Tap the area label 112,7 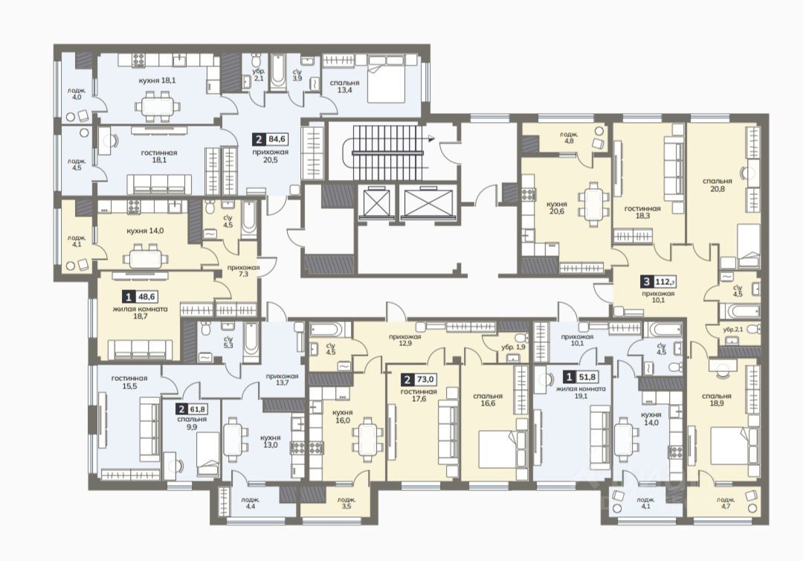[666, 281]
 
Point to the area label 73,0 [425, 379]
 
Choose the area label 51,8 [587, 377]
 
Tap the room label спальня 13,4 [345, 86]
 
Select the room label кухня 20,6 [556, 207]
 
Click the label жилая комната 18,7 [140, 313]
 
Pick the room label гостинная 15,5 [129, 382]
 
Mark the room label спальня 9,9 [192, 423]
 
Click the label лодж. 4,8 [570, 137]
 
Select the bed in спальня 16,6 [497, 449]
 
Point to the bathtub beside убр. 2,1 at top [278, 72]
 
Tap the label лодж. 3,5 [346, 503]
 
